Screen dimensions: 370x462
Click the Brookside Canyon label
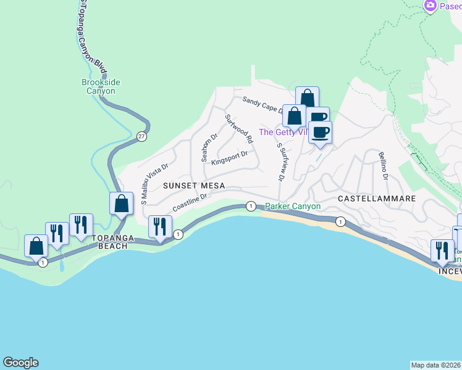click(x=101, y=86)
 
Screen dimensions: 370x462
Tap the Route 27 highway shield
click(x=141, y=137)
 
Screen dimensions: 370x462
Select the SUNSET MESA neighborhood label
click(x=194, y=186)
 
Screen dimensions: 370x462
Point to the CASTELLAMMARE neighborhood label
click(x=377, y=199)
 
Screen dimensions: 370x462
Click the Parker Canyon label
click(x=293, y=206)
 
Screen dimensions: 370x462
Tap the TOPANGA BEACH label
click(x=110, y=241)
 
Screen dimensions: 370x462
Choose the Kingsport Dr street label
click(x=229, y=158)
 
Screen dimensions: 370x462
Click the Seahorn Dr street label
click(x=209, y=147)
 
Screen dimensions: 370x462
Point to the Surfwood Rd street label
click(x=238, y=129)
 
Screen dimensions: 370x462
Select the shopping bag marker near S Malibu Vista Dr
click(x=122, y=203)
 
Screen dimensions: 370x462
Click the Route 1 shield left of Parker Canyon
click(x=251, y=206)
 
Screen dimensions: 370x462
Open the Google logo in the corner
click(x=20, y=363)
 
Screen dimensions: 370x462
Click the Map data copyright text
click(x=435, y=364)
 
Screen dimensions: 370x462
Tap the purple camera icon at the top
click(x=430, y=6)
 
